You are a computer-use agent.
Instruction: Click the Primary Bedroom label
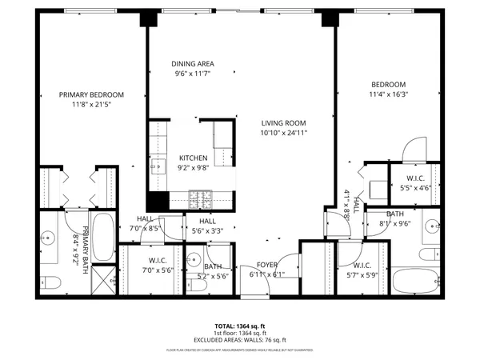click(89, 94)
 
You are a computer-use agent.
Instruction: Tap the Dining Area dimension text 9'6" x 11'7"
click(194, 74)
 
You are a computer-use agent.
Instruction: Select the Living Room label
click(284, 122)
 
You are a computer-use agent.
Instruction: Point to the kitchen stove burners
click(201, 195)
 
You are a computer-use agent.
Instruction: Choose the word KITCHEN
click(193, 158)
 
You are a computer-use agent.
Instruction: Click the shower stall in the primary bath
click(104, 279)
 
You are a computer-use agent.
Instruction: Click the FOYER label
click(267, 266)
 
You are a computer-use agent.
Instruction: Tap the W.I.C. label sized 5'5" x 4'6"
click(415, 178)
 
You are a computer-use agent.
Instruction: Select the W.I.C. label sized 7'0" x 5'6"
click(158, 261)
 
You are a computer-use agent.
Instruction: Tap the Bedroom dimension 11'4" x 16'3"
click(388, 94)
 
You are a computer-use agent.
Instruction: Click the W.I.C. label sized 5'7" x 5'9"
click(361, 266)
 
